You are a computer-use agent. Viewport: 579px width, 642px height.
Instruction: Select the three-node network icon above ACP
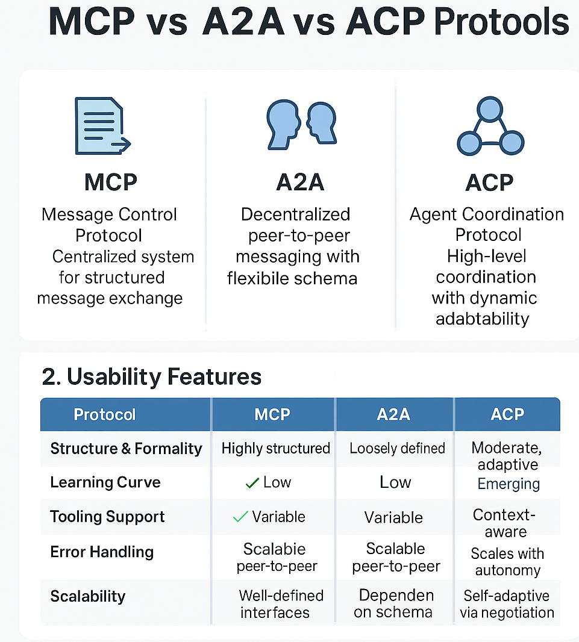(490, 128)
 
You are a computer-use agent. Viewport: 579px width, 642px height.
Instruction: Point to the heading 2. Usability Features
(152, 377)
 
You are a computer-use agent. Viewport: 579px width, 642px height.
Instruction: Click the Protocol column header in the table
(105, 414)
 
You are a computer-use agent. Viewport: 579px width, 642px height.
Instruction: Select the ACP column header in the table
(507, 414)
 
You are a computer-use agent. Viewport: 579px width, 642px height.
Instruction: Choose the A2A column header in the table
(394, 414)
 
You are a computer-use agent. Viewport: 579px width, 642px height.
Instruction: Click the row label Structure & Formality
(126, 449)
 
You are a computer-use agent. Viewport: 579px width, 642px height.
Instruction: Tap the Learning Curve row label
(105, 482)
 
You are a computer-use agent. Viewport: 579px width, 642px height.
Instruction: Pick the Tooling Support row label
(107, 517)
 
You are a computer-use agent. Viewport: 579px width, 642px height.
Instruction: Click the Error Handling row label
(102, 552)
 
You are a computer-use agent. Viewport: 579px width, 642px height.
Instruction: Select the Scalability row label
(88, 596)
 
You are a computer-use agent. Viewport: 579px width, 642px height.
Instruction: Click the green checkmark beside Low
(252, 482)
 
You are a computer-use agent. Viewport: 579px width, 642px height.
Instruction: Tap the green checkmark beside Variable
(240, 516)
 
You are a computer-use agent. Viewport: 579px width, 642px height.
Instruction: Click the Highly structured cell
(276, 449)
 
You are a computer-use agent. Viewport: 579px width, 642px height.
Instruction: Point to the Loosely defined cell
(397, 449)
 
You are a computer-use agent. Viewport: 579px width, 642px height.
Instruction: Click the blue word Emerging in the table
(509, 484)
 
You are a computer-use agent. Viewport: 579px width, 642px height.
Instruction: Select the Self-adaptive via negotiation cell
(507, 604)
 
